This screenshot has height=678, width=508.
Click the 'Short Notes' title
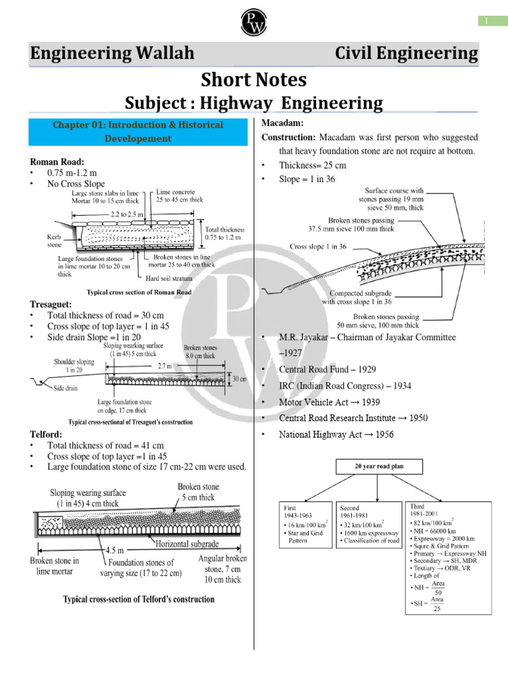(254, 80)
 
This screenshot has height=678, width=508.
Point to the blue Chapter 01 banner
(138, 131)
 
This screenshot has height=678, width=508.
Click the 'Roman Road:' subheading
(57, 161)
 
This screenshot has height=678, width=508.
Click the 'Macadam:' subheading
(282, 124)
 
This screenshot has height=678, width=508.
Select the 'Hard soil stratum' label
(168, 277)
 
